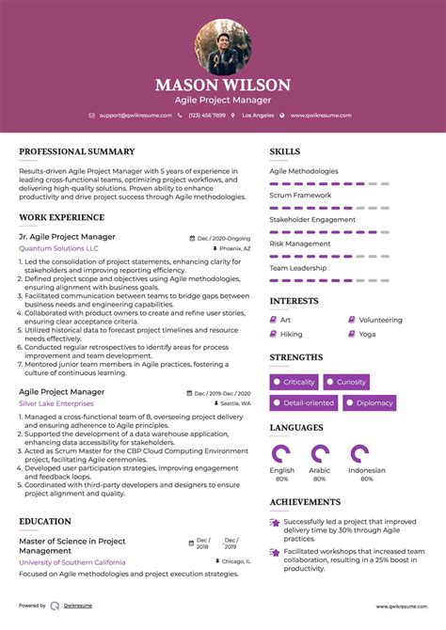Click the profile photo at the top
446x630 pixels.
click(x=223, y=48)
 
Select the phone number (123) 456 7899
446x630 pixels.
click(x=206, y=115)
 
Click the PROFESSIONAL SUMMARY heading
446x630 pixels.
click(x=77, y=151)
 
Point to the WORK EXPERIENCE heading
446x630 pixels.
click(x=62, y=217)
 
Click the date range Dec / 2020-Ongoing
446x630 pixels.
click(x=223, y=238)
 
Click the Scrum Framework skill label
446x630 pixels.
click(x=300, y=195)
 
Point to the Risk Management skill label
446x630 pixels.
click(x=300, y=243)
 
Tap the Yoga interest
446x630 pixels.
click(x=366, y=334)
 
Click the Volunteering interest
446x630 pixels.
click(x=379, y=320)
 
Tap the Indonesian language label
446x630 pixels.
click(x=366, y=470)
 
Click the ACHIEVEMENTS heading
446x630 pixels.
click(x=305, y=502)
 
